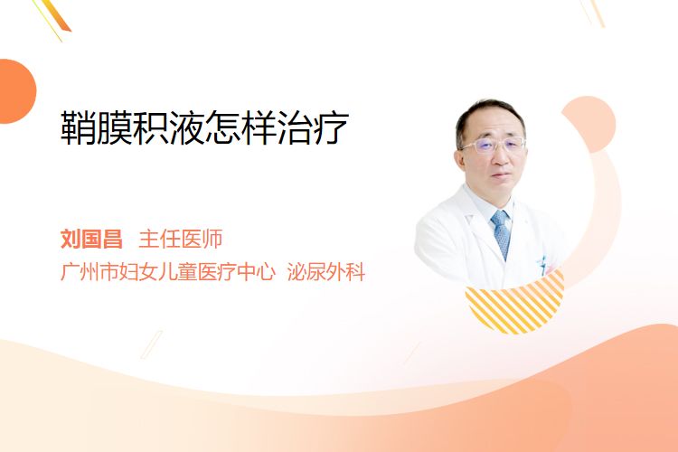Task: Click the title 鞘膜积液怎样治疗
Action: tap(204, 127)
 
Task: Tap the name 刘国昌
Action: tap(91, 239)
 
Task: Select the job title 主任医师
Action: tap(181, 239)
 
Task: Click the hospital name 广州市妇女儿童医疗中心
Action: tap(168, 271)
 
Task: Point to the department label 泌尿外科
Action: tap(326, 271)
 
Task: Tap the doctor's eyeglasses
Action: tap(493, 145)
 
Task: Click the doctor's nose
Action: tap(501, 158)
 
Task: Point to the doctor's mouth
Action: tap(502, 174)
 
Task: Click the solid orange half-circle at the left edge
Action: tap(17, 91)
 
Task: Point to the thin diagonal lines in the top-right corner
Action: tap(592, 13)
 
